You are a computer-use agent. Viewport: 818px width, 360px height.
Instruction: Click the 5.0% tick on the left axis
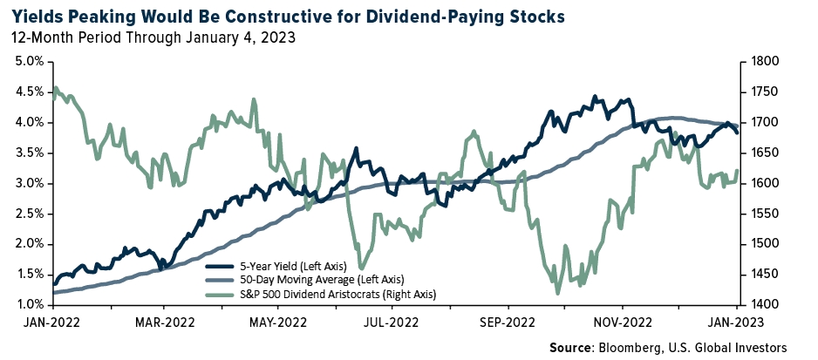[x=30, y=62]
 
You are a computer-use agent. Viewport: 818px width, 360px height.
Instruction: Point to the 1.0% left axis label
[x=30, y=304]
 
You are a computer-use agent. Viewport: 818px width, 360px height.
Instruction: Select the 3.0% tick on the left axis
[x=30, y=183]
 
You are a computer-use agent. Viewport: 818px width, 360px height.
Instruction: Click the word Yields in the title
[x=38, y=17]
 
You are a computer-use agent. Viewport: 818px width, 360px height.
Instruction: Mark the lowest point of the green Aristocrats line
[x=556, y=294]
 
